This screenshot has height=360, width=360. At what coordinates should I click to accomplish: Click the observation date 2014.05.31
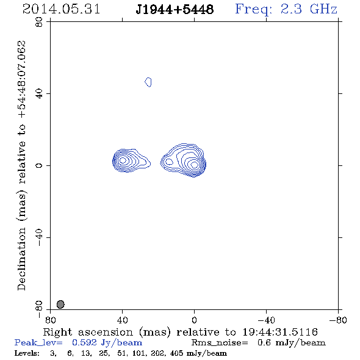[61, 9]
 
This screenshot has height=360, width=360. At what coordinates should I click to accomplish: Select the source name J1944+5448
[175, 10]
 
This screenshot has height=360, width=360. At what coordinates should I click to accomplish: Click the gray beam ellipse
[60, 304]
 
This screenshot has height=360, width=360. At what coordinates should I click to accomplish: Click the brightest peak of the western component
[194, 165]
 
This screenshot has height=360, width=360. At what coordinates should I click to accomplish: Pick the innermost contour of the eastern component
[123, 160]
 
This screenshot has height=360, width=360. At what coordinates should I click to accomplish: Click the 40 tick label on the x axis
[123, 320]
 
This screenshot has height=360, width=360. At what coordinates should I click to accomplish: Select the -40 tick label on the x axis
[266, 320]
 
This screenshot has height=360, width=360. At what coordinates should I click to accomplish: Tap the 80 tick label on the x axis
[51, 320]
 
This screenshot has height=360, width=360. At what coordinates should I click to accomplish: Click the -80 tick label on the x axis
[338, 320]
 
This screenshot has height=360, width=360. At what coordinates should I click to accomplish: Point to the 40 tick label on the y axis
[39, 93]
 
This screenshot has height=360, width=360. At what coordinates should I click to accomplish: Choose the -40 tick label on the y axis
[39, 237]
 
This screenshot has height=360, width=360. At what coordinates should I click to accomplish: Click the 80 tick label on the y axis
[39, 22]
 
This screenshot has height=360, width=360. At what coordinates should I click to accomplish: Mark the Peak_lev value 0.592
[84, 342]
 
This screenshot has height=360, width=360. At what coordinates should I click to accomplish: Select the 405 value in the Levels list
[176, 353]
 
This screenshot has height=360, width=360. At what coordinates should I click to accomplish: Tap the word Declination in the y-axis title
[21, 259]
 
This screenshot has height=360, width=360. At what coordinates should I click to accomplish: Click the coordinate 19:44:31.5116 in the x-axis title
[280, 332]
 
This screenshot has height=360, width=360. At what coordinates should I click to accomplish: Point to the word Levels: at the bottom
[27, 353]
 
